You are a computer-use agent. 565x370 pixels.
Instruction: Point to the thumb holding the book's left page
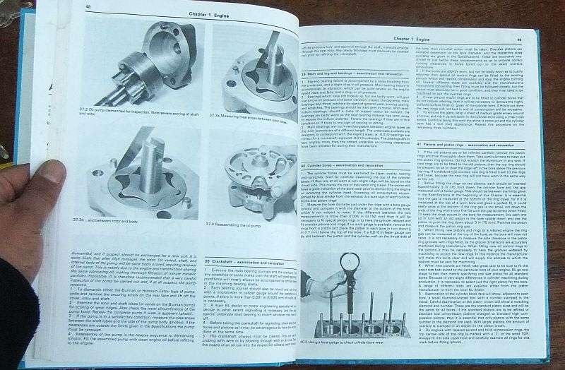[46, 177]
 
